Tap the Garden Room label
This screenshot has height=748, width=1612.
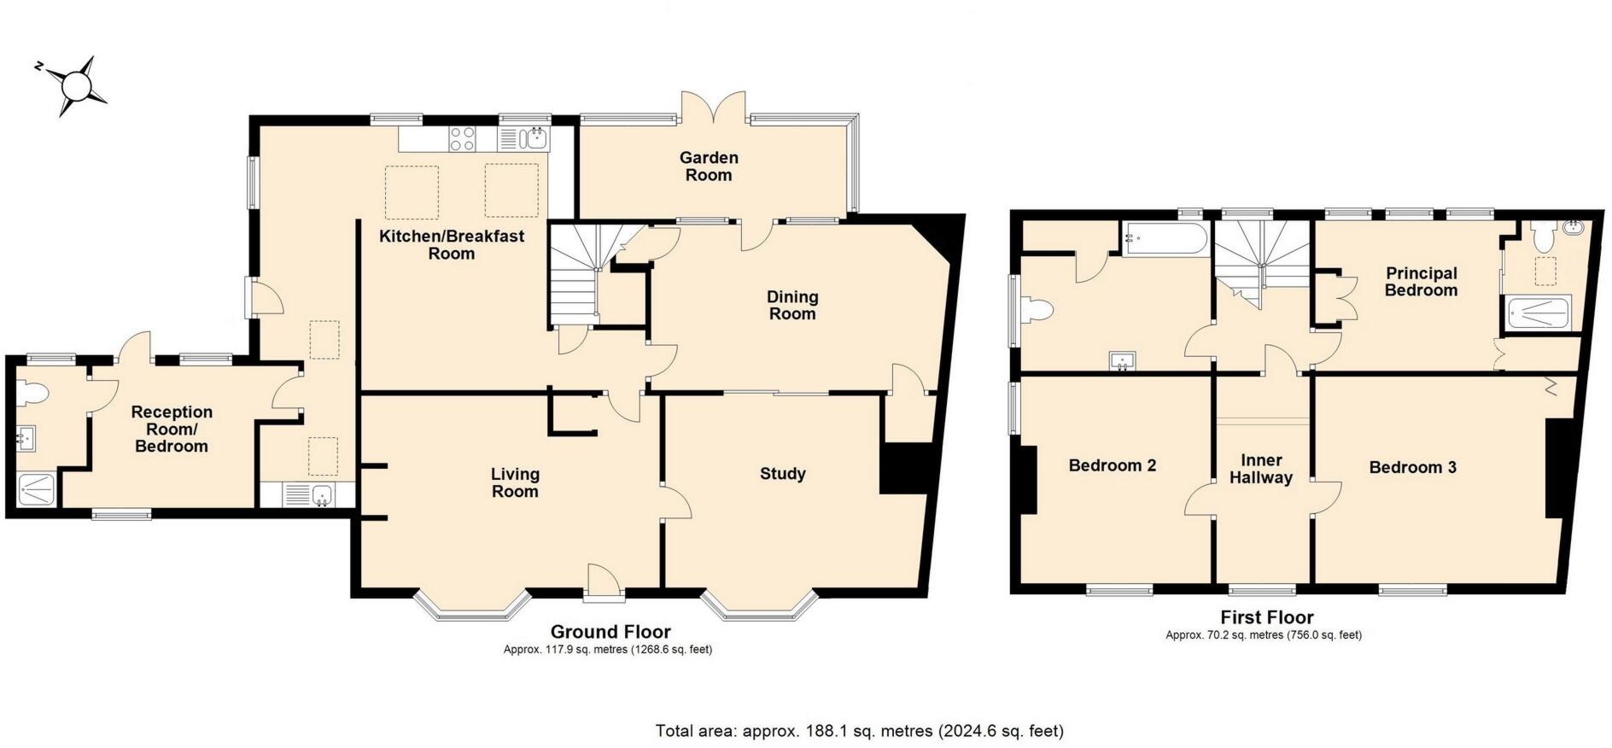pyautogui.click(x=709, y=167)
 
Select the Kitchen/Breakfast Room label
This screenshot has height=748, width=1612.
pyautogui.click(x=452, y=244)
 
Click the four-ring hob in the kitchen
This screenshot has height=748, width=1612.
pyautogui.click(x=463, y=138)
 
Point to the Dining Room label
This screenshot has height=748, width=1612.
pyautogui.click(x=792, y=305)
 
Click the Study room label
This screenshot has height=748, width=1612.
pyautogui.click(x=783, y=474)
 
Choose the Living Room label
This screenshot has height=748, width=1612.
pyautogui.click(x=515, y=482)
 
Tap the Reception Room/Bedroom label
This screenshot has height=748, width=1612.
pyautogui.click(x=172, y=429)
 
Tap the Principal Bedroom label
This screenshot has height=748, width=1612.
pyautogui.click(x=1421, y=282)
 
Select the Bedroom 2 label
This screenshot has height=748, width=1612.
pyautogui.click(x=1113, y=465)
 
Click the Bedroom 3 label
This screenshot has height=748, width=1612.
pyautogui.click(x=1413, y=467)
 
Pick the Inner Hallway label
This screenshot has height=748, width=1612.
pyautogui.click(x=1261, y=469)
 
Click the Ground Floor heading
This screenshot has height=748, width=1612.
pyautogui.click(x=610, y=632)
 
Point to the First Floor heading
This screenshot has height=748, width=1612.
pyautogui.click(x=1267, y=617)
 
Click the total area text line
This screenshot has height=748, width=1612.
pyautogui.click(x=860, y=731)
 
